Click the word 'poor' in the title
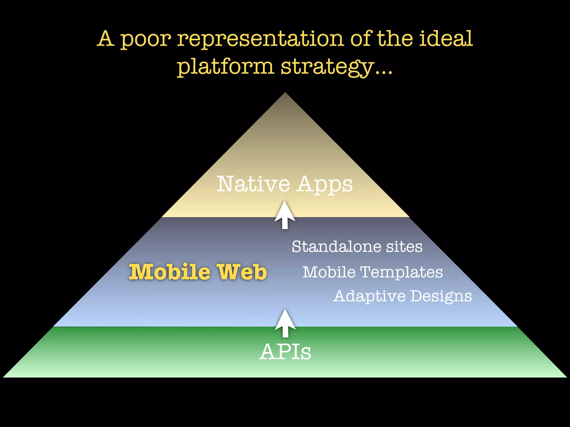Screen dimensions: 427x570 click(x=146, y=39)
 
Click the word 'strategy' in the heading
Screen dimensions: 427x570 click(x=327, y=67)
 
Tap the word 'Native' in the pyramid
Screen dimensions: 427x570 click(x=253, y=184)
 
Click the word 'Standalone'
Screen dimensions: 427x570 click(x=336, y=247)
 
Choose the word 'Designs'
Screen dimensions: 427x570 click(x=441, y=296)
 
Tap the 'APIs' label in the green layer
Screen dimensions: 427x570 click(x=285, y=352)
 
